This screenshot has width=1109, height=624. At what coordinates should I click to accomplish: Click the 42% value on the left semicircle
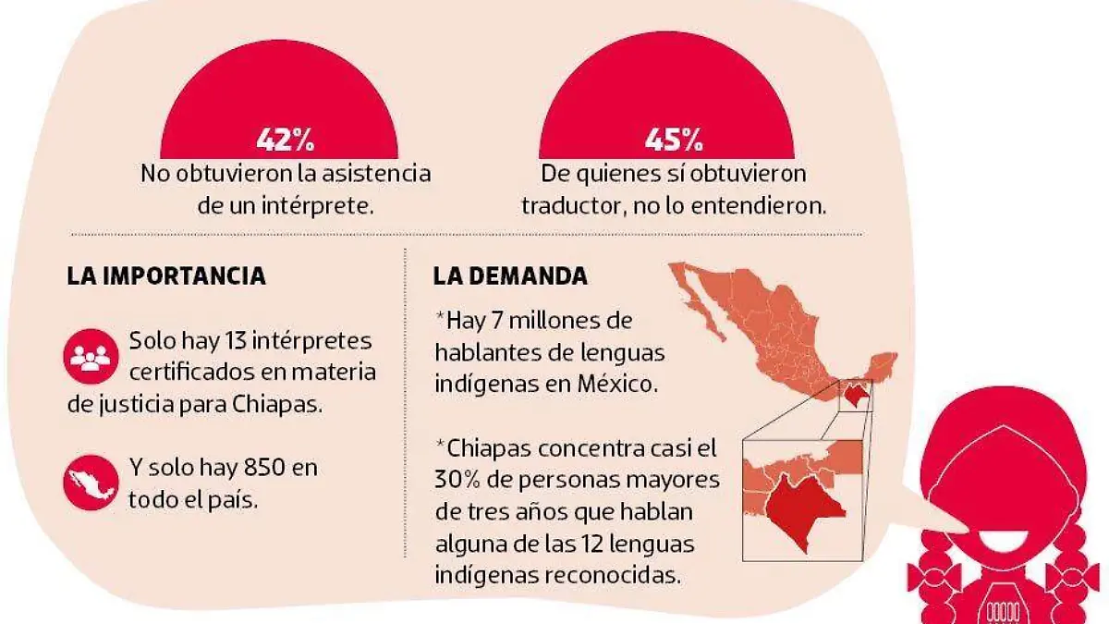coord(286,141)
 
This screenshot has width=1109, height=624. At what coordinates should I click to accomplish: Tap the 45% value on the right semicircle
coord(673,141)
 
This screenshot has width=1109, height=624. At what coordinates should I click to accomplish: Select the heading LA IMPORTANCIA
coord(166,275)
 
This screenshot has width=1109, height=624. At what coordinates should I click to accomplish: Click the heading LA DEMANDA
coord(509,275)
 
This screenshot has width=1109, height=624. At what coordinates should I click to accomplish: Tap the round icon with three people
coord(90,358)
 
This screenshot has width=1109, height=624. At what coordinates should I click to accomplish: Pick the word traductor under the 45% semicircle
coord(564,205)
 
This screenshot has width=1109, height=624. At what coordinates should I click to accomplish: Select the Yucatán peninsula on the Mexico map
coord(877,364)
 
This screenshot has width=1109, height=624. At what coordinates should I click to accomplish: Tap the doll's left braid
coord(937,569)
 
